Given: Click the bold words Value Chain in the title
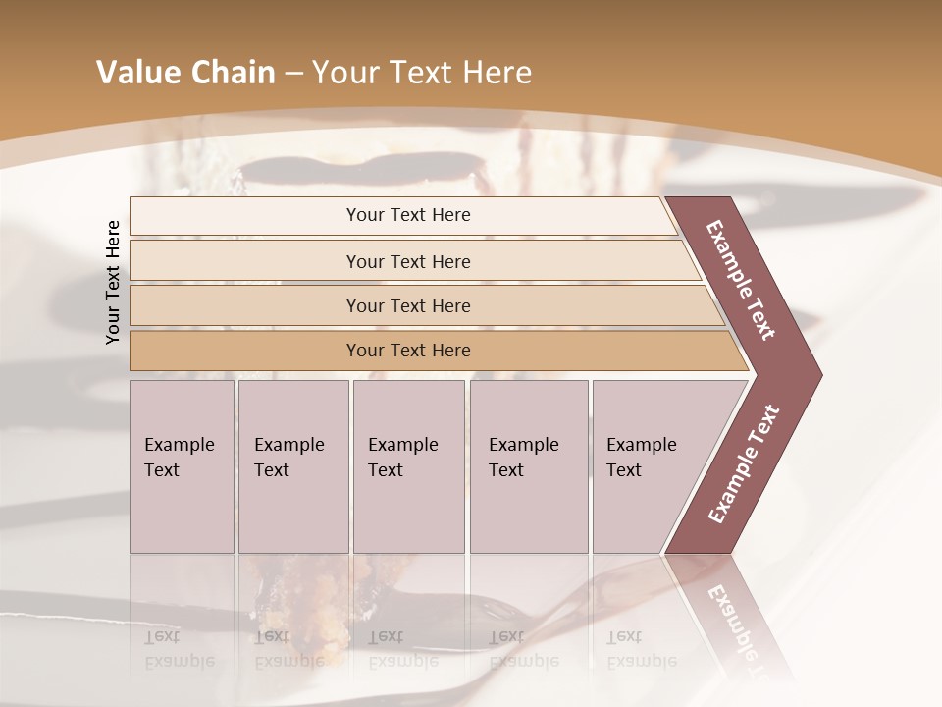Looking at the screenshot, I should tap(185, 73).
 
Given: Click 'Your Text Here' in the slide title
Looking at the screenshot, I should tap(422, 73).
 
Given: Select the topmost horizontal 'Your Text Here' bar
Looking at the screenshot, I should tap(407, 215).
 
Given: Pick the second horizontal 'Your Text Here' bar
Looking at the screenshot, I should tap(407, 261).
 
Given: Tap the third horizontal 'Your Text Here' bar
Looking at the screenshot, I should tap(407, 305).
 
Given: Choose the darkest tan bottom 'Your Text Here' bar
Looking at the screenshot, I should tap(407, 351).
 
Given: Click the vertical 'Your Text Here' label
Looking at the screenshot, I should tap(113, 282).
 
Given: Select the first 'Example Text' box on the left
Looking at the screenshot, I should tap(182, 465).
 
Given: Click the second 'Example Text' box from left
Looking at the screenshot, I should tap(292, 465).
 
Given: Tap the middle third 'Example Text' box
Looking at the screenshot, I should tap(408, 465).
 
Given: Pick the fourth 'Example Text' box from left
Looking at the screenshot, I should tap(528, 465).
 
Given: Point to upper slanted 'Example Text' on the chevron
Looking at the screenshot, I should tap(742, 281).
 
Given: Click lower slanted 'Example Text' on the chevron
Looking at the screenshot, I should tap(744, 463).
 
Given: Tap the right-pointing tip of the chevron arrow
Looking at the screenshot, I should tap(816, 374).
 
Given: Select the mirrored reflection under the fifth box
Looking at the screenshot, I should tap(642, 648).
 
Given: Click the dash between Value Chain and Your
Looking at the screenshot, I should tap(293, 74).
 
